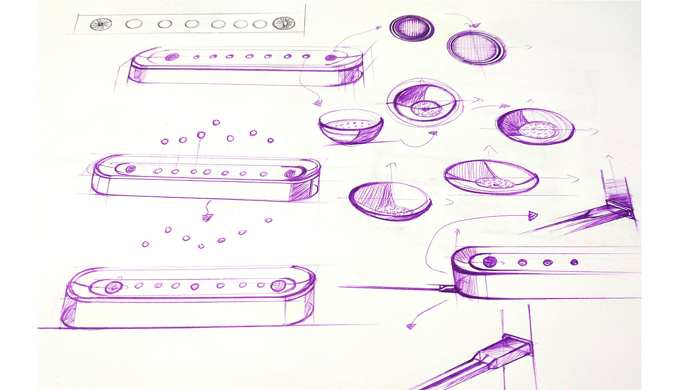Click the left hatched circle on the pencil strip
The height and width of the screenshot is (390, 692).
(x=101, y=24)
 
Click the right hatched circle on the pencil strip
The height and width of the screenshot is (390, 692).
(x=283, y=23)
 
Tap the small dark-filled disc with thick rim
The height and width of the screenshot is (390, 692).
(x=412, y=27)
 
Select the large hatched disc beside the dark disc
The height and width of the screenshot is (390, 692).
(x=475, y=47)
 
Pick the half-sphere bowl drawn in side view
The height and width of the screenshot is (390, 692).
(x=350, y=127)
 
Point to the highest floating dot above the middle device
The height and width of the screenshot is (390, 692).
(x=216, y=123)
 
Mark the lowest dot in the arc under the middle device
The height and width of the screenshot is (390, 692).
(x=201, y=246)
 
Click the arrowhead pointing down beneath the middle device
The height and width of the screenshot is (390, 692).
(x=207, y=217)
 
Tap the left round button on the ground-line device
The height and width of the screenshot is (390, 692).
(x=113, y=287)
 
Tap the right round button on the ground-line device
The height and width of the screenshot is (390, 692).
(x=279, y=285)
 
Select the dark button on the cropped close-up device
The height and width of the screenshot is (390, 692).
(x=490, y=261)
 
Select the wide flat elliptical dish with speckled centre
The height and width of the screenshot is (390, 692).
(x=491, y=178)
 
